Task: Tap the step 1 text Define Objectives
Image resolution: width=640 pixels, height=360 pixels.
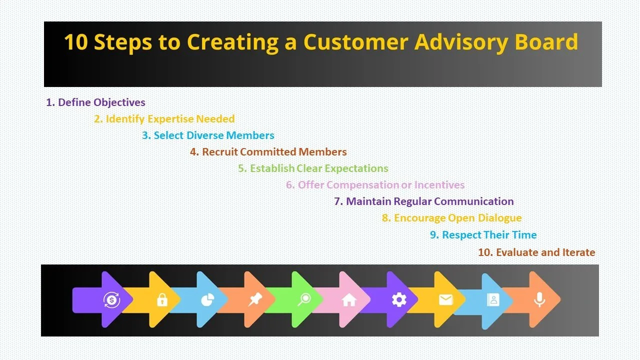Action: coord(95,102)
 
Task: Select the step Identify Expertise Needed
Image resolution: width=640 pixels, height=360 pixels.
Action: coord(164,119)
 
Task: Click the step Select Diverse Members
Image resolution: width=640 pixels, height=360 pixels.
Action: coord(208,135)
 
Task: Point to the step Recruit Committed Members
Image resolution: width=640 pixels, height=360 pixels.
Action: coord(268,152)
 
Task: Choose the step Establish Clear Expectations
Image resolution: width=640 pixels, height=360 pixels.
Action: coord(313,168)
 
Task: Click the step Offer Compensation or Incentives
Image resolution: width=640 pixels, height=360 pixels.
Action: coord(375,185)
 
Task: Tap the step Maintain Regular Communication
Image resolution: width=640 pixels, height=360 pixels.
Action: coord(423,201)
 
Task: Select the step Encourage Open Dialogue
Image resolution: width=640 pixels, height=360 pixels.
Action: coord(451,218)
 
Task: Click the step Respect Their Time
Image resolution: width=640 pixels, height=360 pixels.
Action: coord(483,235)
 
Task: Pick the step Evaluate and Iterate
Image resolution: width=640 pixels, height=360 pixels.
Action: coord(536,252)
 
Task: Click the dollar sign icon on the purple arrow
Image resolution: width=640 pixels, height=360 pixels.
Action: coord(111,300)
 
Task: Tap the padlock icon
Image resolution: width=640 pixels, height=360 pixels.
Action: coord(161,300)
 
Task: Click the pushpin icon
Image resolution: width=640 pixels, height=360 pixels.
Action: coord(255,299)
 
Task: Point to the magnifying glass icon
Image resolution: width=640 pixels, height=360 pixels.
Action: coord(303,299)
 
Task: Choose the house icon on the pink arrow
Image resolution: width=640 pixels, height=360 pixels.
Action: coord(349,299)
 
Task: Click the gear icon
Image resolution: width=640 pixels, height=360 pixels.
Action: coord(398,299)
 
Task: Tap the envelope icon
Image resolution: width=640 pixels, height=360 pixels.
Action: coord(445,299)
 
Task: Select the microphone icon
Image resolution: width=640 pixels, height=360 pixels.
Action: coord(539,299)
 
